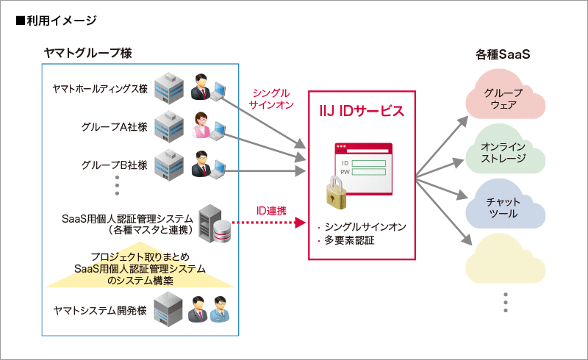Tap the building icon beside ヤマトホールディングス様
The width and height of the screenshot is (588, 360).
[x=168, y=87]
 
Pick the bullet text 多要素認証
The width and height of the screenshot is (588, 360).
[x=349, y=240]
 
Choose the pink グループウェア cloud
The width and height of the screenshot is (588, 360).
[x=503, y=98]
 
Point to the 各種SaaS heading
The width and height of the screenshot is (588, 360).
[x=503, y=55]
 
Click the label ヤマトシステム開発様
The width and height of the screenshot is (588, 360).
[x=100, y=310]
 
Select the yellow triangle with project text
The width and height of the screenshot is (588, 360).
[x=140, y=269]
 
